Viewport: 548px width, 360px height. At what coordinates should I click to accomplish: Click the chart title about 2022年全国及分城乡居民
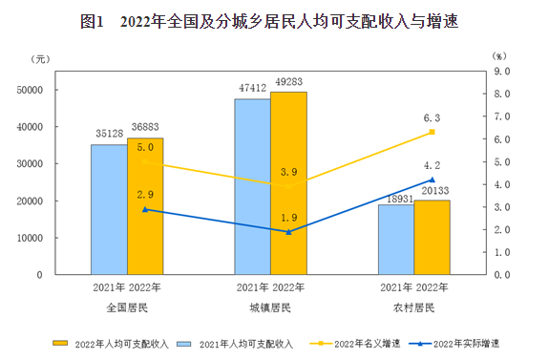(273, 20)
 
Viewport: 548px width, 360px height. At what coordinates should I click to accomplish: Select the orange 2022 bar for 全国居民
(145, 206)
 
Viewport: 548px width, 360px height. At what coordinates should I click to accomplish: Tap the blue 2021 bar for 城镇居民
(252, 186)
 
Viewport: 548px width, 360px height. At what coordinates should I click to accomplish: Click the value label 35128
(109, 136)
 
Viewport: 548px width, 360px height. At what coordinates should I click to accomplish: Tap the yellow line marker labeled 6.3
(432, 132)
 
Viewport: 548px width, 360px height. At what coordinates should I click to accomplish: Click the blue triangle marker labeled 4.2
(432, 180)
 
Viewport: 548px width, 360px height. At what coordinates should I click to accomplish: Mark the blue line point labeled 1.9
(288, 231)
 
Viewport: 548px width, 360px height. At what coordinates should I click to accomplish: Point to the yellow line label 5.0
(145, 149)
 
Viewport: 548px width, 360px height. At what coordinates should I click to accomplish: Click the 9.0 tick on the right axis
(503, 72)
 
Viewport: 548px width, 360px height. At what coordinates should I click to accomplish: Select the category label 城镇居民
(271, 307)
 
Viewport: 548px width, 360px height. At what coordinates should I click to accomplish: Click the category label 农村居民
(414, 307)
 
